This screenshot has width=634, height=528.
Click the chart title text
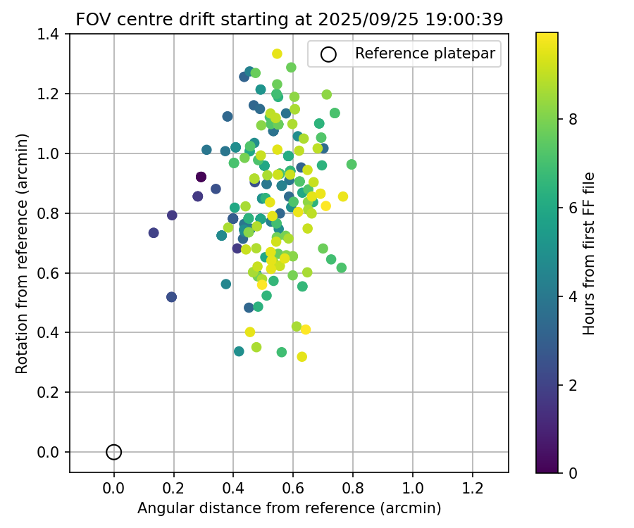(x=289, y=20)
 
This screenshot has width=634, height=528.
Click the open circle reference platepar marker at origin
(x=114, y=452)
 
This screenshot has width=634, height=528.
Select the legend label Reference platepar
(x=425, y=54)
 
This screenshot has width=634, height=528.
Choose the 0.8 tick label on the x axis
(x=353, y=487)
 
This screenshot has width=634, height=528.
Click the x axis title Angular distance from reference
(x=289, y=508)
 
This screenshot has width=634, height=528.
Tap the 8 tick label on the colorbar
(x=573, y=120)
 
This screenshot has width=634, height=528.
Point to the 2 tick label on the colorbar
(x=573, y=384)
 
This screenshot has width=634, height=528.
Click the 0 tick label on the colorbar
(x=573, y=472)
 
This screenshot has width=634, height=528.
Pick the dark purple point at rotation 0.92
(x=201, y=177)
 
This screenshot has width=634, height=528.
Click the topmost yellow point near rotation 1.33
(x=277, y=54)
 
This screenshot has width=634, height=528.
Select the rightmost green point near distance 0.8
(x=352, y=164)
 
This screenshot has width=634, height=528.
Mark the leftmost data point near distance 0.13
(x=154, y=232)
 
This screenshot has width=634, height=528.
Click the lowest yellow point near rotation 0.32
(x=302, y=356)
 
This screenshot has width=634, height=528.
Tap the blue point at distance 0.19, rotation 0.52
(x=171, y=297)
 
